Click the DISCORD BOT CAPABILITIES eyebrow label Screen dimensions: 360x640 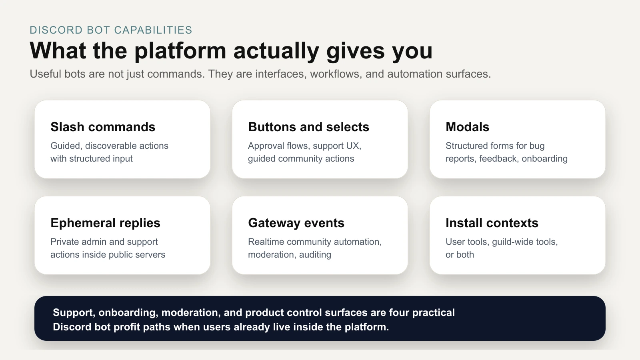[111, 30]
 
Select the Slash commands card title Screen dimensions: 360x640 [103, 127]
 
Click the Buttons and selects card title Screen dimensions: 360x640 [308, 127]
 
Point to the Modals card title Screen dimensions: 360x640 [467, 127]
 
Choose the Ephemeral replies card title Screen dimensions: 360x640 [105, 223]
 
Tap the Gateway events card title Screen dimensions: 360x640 [296, 223]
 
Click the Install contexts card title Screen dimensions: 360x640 [492, 223]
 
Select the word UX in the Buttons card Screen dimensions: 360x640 [352, 146]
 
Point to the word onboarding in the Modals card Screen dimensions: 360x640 [544, 158]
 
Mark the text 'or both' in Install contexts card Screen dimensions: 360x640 [460, 254]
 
